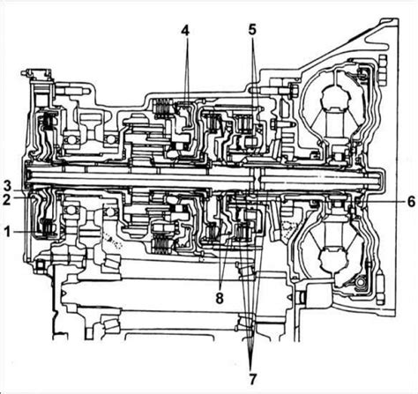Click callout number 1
coord(7,232)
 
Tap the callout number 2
coord(6,199)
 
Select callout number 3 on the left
coord(7,186)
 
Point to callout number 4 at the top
coord(185,31)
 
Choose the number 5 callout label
coord(252,30)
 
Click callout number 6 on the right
coord(411,202)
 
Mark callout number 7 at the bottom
coord(252,379)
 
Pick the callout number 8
coord(220,298)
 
